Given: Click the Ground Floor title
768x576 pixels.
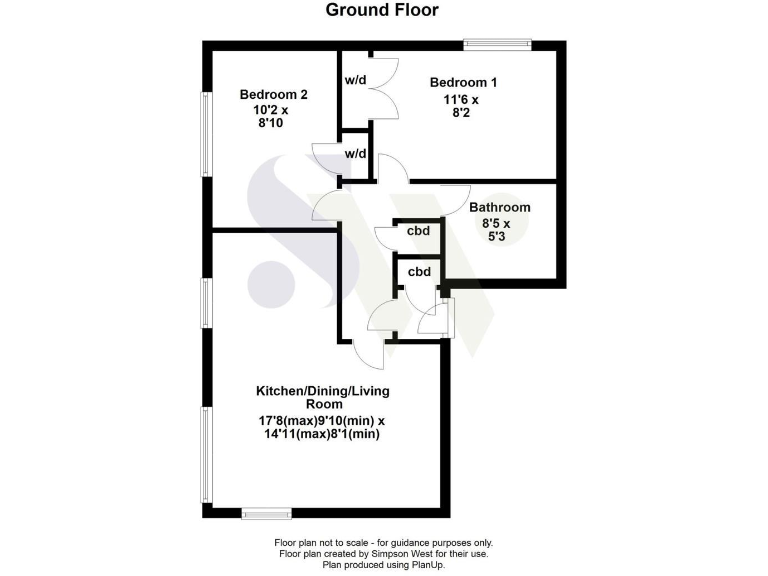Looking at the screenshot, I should pos(383,11).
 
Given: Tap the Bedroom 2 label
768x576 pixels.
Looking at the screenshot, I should pos(273,95).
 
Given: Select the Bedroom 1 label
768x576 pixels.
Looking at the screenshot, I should pos(464,82).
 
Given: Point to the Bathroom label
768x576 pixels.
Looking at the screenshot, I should pos(500,208).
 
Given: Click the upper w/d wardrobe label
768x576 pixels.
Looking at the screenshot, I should pos(355,81).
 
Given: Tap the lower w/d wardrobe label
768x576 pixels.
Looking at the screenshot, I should pos(355,155).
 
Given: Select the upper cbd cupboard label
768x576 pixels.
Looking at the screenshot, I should pos(419,231).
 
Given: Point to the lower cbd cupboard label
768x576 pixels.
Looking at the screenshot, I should pos(419,271).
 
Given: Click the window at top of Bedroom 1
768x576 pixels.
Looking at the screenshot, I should pos(497,43).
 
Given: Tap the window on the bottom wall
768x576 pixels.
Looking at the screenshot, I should pos(266,513).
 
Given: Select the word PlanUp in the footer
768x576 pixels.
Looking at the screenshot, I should pos(425,565).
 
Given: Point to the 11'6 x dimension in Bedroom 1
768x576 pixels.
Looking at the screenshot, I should pos(462,100).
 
